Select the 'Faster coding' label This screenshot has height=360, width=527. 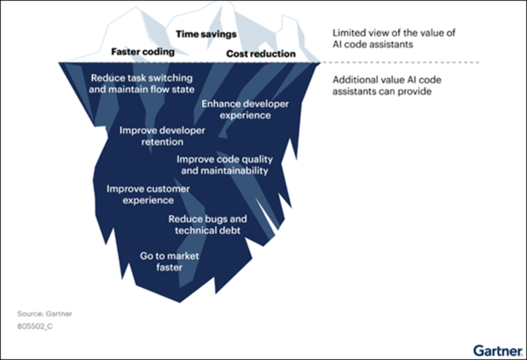[142, 52]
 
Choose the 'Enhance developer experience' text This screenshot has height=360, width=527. [245, 109]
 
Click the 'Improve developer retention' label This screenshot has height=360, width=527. [162, 136]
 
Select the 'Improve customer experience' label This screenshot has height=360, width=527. [148, 194]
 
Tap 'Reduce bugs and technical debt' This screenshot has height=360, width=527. [208, 224]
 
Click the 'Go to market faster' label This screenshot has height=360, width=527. [171, 261]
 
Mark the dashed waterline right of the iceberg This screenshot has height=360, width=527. [413, 62]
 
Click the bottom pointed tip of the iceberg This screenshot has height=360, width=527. [182, 301]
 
